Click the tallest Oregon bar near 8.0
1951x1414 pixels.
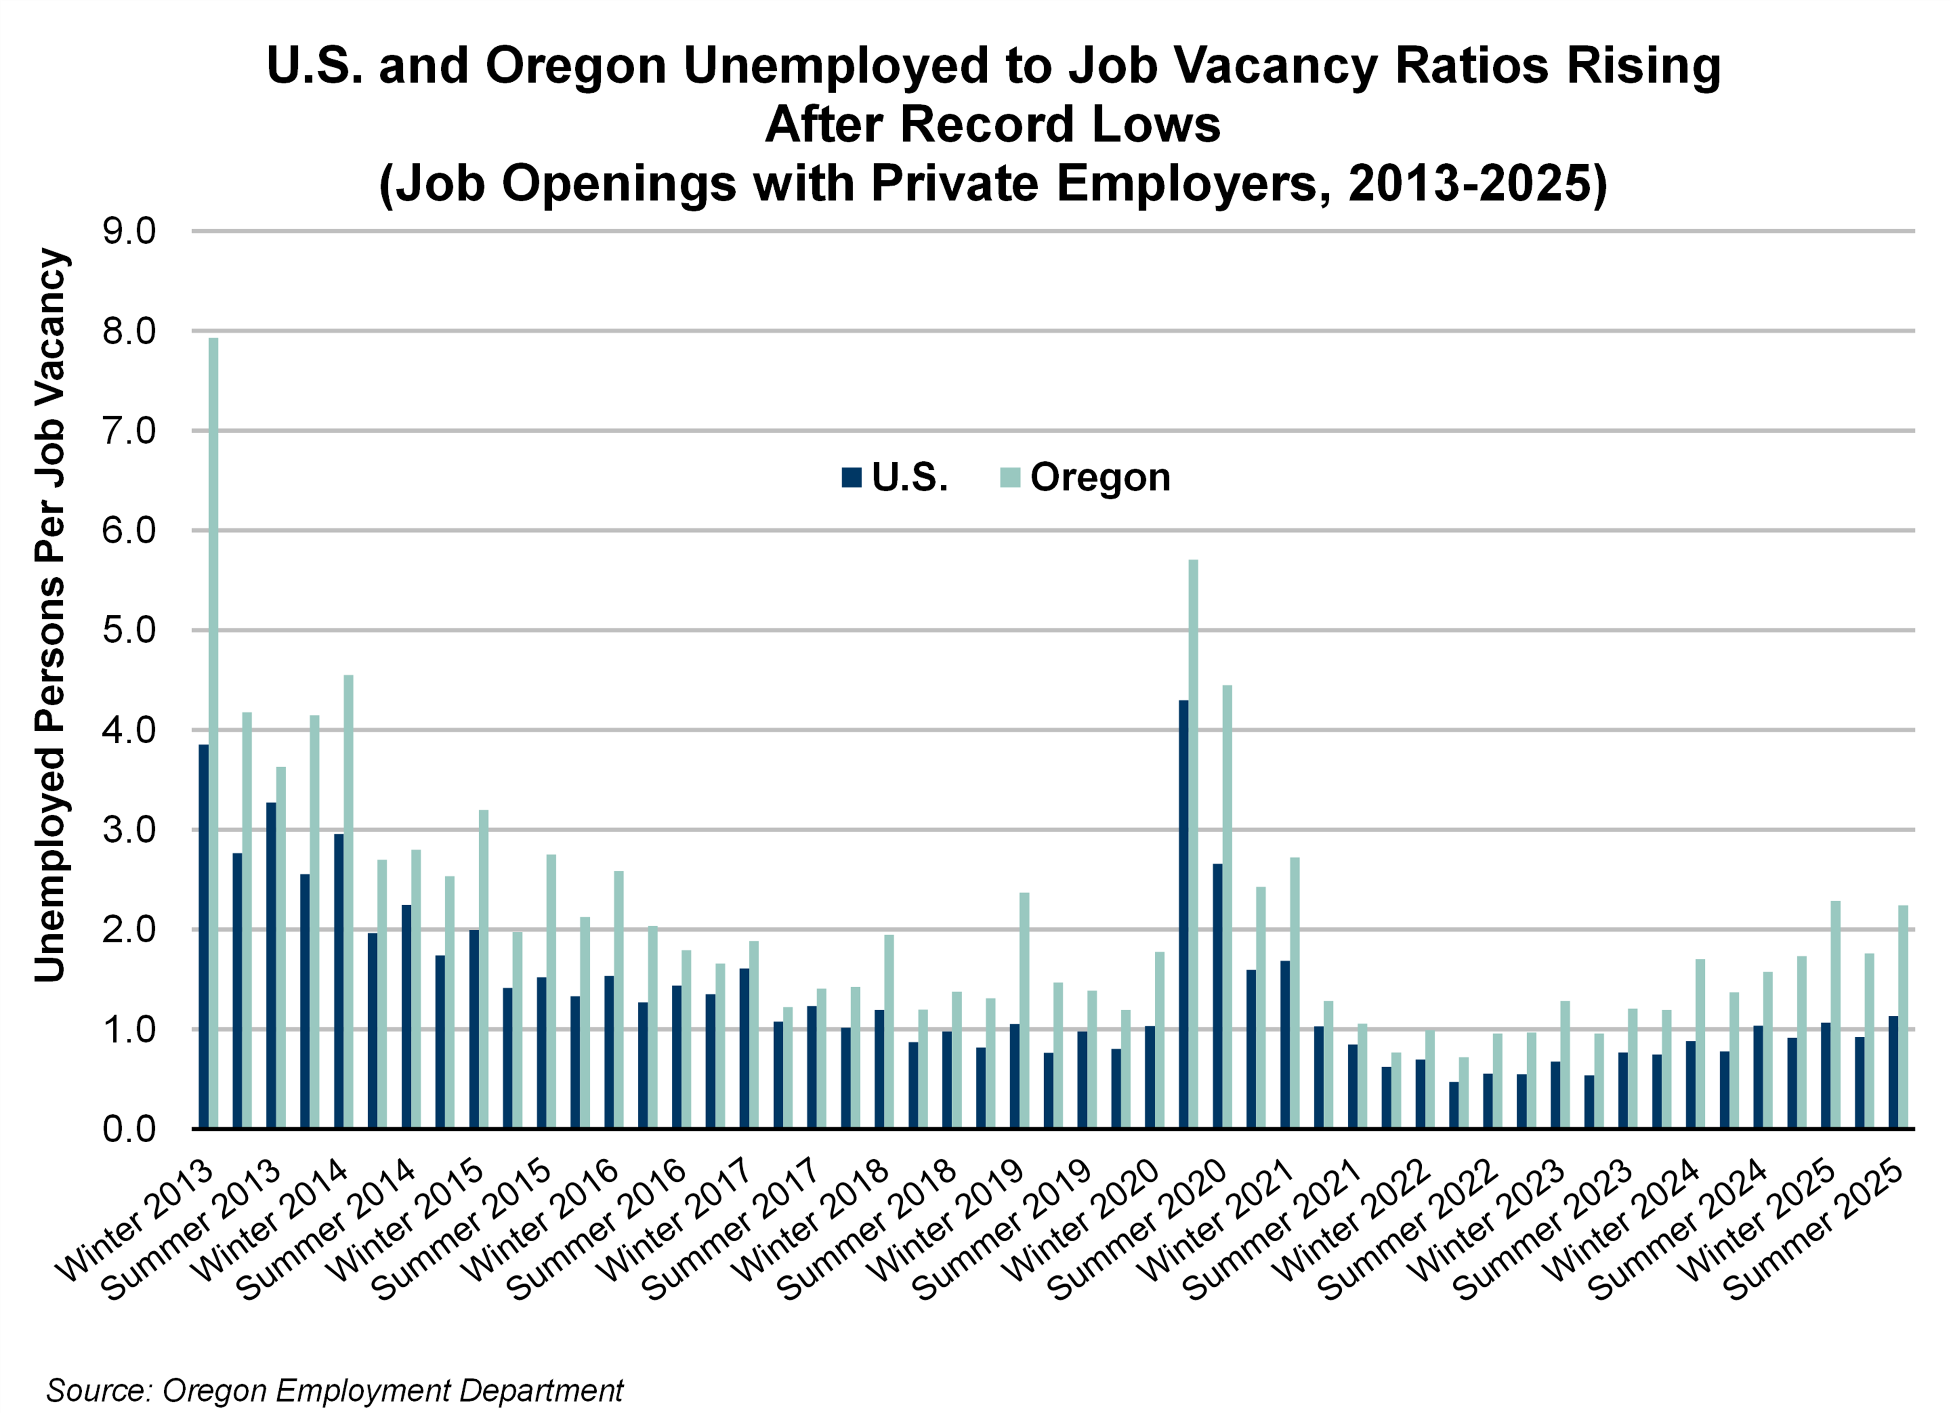tap(213, 731)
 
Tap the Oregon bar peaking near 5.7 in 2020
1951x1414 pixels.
tap(1193, 843)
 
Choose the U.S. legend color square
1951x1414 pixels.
tap(851, 478)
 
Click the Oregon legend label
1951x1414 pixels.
tap(1100, 478)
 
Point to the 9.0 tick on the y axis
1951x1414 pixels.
tap(129, 231)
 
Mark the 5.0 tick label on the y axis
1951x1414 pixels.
tap(129, 631)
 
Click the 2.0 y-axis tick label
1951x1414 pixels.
tap(129, 930)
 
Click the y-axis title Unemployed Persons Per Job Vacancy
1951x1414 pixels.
tap(50, 615)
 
